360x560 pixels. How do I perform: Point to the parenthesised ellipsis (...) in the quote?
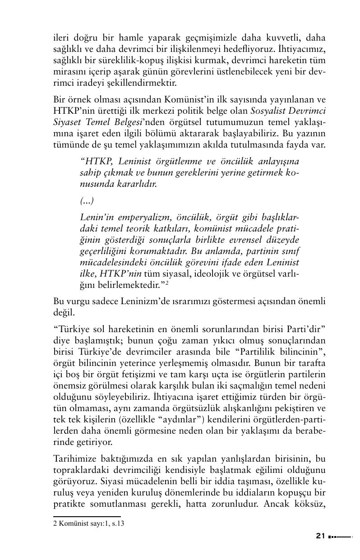87,200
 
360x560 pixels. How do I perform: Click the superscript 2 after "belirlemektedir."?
167,282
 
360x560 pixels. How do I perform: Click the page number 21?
320,537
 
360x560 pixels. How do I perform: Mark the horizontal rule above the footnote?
87,516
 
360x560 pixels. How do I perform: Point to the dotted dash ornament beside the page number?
339,537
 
